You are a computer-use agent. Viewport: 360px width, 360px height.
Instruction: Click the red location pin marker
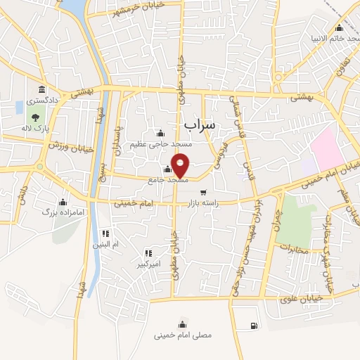(181, 165)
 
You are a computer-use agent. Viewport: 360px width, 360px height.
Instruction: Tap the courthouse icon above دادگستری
(43, 90)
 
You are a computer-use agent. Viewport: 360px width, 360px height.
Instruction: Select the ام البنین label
(106, 244)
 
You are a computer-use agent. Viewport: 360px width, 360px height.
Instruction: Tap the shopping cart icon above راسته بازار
(203, 193)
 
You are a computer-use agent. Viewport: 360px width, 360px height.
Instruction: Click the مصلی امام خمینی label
(183, 335)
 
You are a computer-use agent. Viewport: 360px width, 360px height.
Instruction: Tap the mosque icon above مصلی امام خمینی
(183, 323)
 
